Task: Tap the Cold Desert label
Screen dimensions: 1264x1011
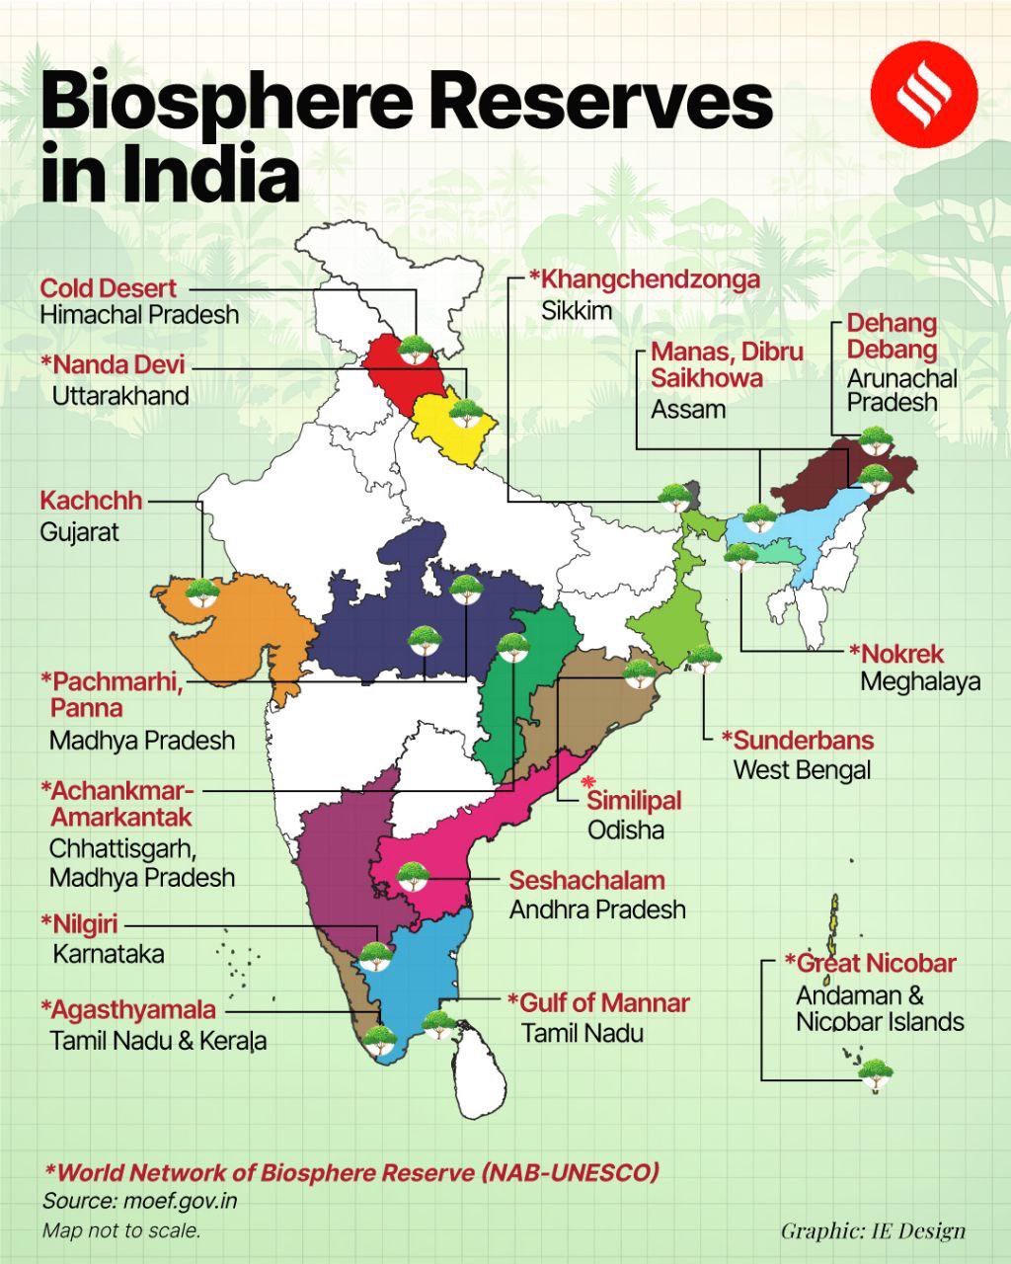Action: (x=109, y=288)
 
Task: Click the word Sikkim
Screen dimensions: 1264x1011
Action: (x=577, y=310)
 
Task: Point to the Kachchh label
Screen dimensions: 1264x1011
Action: (x=91, y=501)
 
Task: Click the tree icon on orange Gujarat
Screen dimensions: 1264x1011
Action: (x=203, y=592)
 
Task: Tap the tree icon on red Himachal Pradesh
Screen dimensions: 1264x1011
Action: (x=414, y=349)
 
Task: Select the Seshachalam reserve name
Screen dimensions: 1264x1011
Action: (x=586, y=880)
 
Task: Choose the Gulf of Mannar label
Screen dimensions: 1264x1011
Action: (x=598, y=1003)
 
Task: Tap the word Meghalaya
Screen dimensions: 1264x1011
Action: (x=920, y=681)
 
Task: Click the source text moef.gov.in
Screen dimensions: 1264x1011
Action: (x=180, y=1201)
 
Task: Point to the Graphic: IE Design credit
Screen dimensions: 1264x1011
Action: (x=873, y=1230)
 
